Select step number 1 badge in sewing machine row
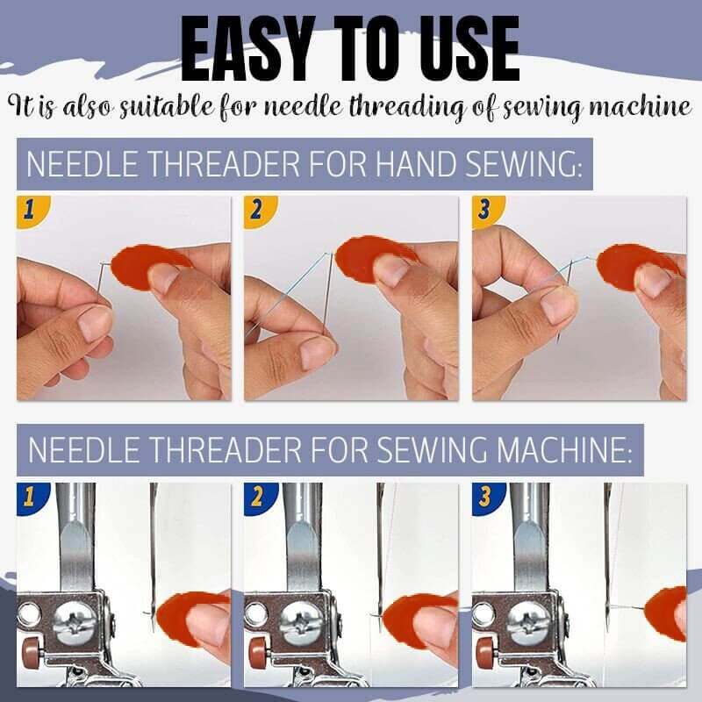click(x=28, y=498)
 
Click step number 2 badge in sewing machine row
click(x=257, y=498)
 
